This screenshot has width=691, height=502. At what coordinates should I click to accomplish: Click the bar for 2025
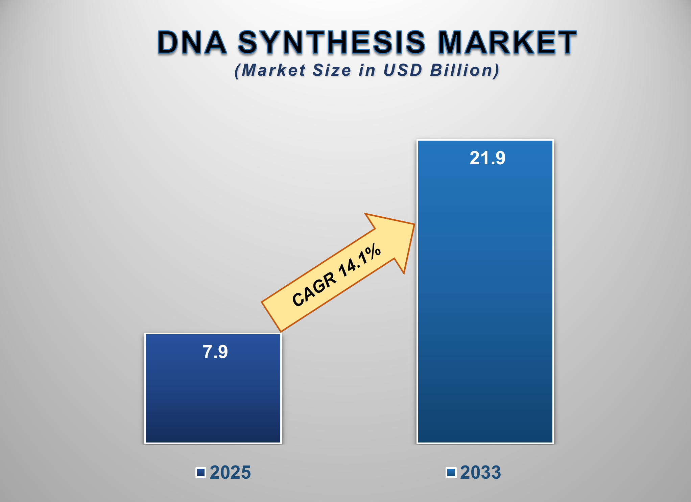pos(213,399)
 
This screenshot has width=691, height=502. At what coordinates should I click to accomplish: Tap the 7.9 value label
pos(215,352)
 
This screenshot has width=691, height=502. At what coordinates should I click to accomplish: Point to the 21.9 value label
pos(487,158)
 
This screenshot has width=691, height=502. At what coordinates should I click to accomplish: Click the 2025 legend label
pos(230,472)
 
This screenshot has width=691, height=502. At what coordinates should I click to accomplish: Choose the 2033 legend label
pos(480,472)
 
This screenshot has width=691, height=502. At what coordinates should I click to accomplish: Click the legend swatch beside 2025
pos(201,473)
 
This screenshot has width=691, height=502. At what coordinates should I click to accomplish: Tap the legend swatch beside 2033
pos(451,473)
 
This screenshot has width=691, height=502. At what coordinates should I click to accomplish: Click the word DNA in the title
pos(192,43)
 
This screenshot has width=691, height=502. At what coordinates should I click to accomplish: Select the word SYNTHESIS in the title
pos(331,43)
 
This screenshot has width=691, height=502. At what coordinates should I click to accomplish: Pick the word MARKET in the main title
pos(507,43)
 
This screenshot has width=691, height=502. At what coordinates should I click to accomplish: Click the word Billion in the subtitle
pos(464,70)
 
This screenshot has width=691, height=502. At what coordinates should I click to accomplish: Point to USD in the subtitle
pos(403,70)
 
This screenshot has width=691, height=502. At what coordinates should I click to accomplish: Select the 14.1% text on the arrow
pos(360,259)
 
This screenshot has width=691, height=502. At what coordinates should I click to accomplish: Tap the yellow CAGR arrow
pos(338,274)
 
